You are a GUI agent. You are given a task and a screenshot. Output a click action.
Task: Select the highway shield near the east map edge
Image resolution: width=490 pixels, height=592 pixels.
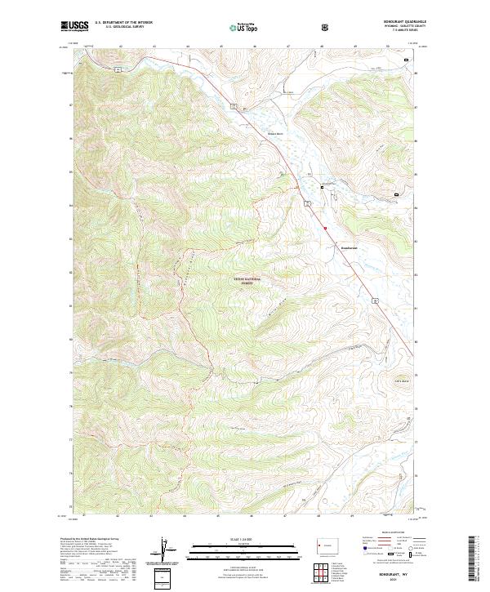click(378, 301)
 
